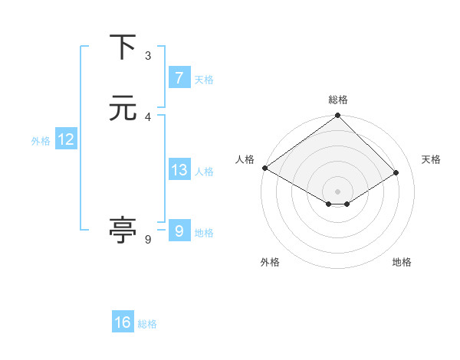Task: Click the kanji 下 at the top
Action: point(123,47)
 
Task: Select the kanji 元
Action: point(123,109)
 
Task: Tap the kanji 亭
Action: point(123,230)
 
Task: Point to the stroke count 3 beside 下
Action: point(148,55)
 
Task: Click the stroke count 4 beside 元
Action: point(148,116)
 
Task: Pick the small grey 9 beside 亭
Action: point(148,239)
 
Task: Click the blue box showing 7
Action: point(179,77)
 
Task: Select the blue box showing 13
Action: point(179,170)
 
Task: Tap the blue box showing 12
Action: point(66,139)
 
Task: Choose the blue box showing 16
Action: point(123,322)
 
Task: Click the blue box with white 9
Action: point(179,231)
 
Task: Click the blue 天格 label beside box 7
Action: point(204,79)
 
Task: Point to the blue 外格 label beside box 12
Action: point(41,141)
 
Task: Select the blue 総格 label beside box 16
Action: point(148,324)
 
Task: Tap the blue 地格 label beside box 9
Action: point(204,233)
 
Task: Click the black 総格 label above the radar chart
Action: point(338,100)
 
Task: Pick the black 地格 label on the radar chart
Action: point(402,262)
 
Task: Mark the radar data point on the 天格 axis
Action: point(396,172)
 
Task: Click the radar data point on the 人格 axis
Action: point(264,168)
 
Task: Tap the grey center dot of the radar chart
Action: point(338,191)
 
